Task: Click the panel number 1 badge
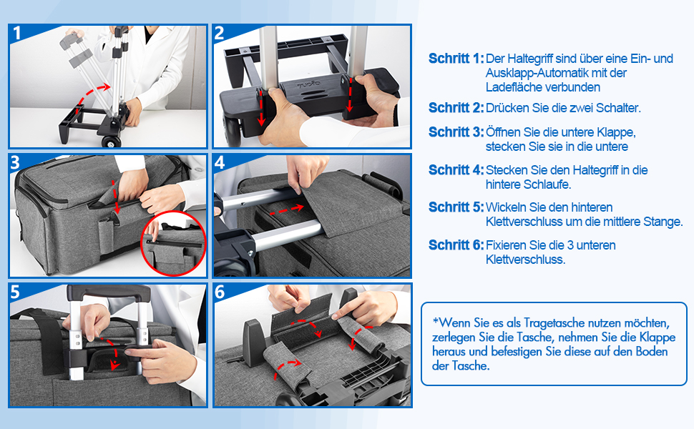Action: coord(17,33)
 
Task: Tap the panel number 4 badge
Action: coord(220,163)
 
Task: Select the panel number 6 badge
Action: coord(220,292)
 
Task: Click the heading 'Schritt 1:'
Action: coord(456,59)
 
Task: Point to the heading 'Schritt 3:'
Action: coord(456,132)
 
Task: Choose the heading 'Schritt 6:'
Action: coord(456,245)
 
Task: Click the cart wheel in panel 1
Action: coord(111,142)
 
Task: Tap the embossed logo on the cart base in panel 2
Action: coord(309,84)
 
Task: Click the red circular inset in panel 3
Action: coord(173,244)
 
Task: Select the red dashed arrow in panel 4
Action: coord(287,209)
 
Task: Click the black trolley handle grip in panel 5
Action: coord(109,292)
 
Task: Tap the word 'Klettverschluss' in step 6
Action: coord(525,260)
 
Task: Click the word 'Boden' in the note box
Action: coord(652,352)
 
